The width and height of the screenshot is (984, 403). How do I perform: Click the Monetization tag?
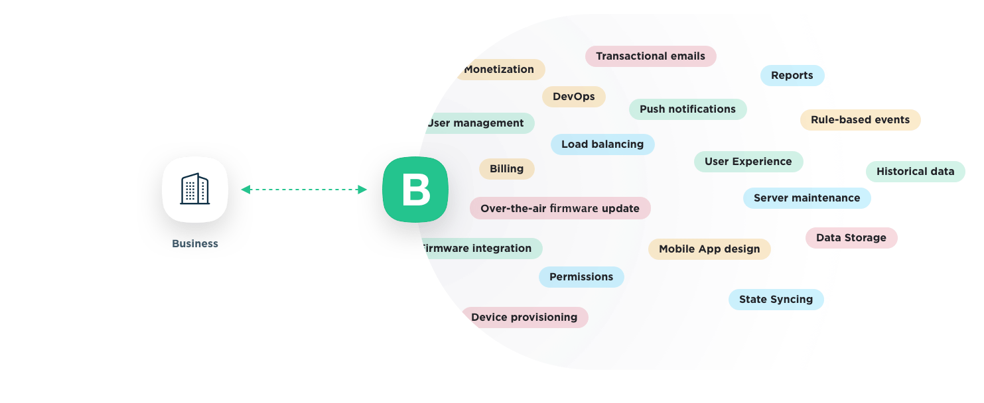[x=499, y=70]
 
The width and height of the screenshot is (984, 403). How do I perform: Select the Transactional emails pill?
[x=650, y=56]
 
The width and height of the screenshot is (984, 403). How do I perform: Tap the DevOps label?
[x=574, y=97]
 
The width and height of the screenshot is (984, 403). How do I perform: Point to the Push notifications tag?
[x=687, y=109]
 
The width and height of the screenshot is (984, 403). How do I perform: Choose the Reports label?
[x=792, y=76]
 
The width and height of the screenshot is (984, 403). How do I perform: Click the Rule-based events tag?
[x=860, y=120]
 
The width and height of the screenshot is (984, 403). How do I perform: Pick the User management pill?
[x=476, y=123]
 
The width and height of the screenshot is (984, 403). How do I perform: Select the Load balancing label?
[x=602, y=144]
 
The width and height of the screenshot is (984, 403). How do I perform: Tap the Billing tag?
[x=506, y=169]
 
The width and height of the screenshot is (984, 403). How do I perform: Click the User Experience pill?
[x=748, y=162]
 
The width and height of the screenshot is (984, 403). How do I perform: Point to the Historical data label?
[x=915, y=172]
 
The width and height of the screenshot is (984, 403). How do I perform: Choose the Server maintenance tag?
[x=806, y=198]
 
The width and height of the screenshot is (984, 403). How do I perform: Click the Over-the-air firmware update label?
[x=560, y=208]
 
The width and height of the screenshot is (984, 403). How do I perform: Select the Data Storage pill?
[x=851, y=238]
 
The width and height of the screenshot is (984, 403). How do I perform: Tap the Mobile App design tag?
[x=709, y=249]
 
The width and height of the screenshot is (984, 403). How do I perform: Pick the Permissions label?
[x=581, y=277]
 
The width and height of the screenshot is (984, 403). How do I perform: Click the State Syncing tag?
[x=776, y=300]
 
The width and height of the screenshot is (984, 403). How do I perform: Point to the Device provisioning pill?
[x=524, y=317]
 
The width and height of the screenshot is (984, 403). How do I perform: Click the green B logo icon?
[x=415, y=190]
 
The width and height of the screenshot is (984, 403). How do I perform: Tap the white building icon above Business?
[x=195, y=190]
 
